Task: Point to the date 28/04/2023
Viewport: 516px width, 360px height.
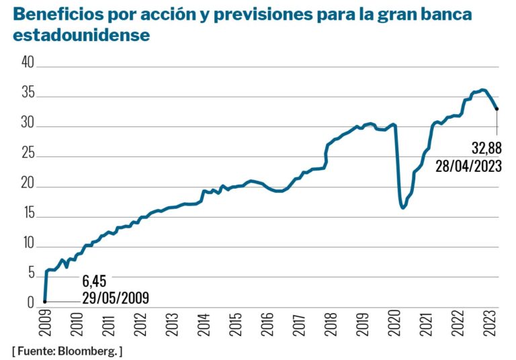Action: pyautogui.click(x=468, y=166)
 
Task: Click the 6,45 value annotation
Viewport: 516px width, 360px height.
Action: pyautogui.click(x=95, y=280)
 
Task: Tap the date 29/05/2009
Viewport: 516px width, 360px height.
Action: pyautogui.click(x=115, y=297)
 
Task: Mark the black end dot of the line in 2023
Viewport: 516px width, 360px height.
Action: pyautogui.click(x=497, y=109)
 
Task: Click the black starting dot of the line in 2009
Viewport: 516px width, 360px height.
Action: pyautogui.click(x=44, y=302)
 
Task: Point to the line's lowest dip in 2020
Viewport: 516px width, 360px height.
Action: pyautogui.click(x=403, y=208)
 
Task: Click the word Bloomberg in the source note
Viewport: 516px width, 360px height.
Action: pyautogui.click(x=89, y=351)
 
